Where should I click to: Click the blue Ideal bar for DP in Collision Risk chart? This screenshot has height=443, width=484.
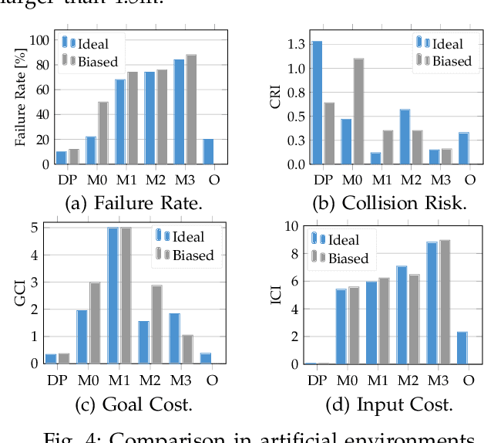[317, 103]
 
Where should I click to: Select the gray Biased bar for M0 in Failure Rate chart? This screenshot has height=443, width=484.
[103, 133]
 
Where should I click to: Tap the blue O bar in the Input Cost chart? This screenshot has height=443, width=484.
[462, 348]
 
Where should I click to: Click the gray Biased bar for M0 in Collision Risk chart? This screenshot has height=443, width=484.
[358, 111]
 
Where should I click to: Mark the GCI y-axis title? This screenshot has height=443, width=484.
[22, 296]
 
